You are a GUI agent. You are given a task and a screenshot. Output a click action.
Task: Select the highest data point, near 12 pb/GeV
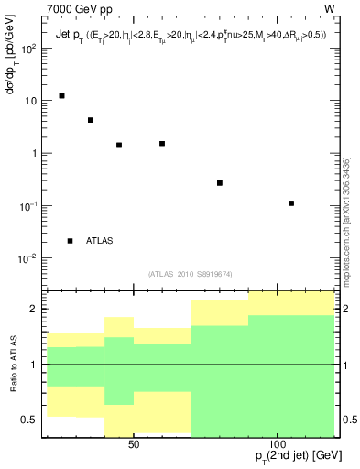61,95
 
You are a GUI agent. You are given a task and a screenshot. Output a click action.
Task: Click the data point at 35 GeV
91,120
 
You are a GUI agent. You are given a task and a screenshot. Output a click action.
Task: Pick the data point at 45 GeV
119,145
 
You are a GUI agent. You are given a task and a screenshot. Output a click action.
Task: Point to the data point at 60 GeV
162,144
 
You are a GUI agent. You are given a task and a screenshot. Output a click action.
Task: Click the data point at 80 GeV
220,183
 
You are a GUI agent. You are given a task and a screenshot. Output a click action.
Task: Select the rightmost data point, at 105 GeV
291,203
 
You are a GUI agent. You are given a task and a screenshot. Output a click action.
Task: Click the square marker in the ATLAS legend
70,241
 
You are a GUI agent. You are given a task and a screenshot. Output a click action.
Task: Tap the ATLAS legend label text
100,241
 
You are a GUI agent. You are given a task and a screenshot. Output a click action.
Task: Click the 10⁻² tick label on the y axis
27,258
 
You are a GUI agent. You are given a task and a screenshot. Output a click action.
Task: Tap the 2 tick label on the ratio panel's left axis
31,309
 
